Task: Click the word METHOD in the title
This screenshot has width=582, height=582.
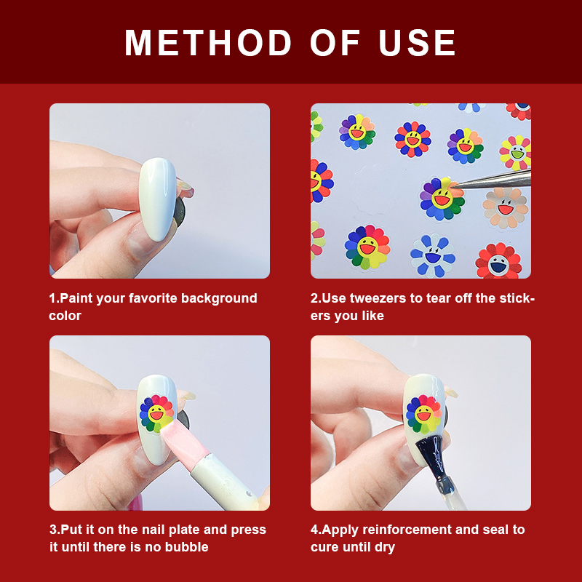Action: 208,43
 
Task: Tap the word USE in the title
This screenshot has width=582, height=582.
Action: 417,43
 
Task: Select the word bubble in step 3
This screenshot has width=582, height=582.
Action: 187,547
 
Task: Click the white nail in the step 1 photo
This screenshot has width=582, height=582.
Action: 158,199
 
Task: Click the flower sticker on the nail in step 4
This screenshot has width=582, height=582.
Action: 423,415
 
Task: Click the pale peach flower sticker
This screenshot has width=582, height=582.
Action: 505,208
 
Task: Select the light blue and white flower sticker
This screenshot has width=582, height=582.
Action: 433,256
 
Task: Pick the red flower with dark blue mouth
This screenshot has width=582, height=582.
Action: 498,261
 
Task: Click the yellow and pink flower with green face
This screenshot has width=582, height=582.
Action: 517,153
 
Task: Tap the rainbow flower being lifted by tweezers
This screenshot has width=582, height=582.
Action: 442,199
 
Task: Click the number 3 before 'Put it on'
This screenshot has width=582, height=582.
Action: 53,530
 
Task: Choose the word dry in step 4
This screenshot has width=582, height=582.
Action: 385,548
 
